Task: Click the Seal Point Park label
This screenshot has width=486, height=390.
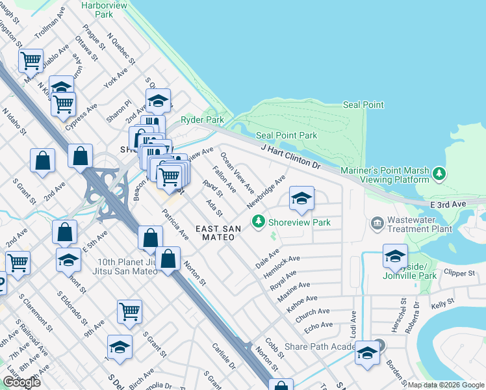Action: (x=287, y=135)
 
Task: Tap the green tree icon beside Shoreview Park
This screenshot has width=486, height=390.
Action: (x=259, y=222)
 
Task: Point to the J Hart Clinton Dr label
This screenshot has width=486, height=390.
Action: (x=291, y=157)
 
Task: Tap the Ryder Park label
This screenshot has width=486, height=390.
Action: (x=201, y=120)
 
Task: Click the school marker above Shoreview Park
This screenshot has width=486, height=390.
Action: (x=301, y=198)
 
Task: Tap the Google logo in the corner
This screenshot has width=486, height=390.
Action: (x=21, y=382)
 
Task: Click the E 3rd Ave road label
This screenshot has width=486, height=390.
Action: (x=449, y=204)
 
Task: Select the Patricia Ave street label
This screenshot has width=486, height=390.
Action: (x=175, y=224)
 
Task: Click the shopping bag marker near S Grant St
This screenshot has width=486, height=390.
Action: (x=42, y=162)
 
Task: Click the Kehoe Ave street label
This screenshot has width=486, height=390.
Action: (x=302, y=302)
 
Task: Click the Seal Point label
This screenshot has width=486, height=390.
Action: (x=363, y=105)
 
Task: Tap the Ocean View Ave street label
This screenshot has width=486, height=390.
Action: (x=237, y=174)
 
